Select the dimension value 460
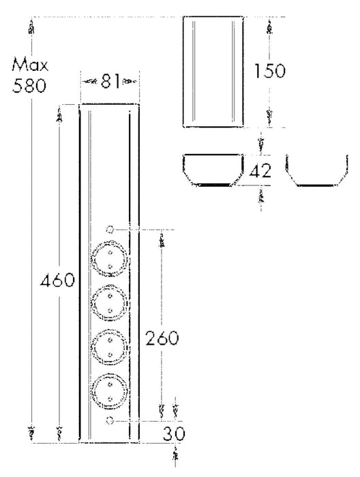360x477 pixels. (x=57, y=281)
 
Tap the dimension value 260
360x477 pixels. (x=160, y=339)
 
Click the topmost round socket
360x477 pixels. (x=110, y=257)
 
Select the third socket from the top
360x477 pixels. (x=110, y=345)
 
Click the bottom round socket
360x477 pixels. (x=110, y=389)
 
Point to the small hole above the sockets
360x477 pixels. (x=110, y=230)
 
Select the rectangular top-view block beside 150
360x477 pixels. (x=214, y=72)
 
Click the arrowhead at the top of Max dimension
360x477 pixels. (x=31, y=27)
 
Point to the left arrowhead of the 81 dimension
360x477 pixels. (x=88, y=81)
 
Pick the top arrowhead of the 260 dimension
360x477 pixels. (x=162, y=241)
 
